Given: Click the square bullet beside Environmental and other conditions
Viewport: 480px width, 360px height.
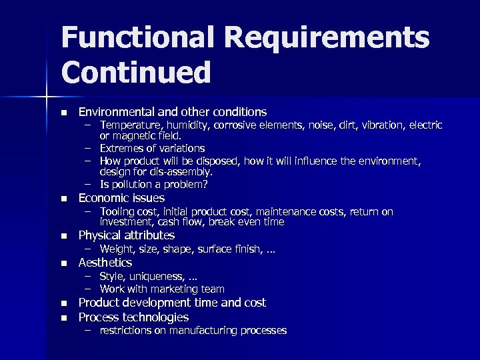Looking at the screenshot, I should (63, 112).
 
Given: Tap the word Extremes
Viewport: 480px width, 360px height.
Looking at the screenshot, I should (122, 148).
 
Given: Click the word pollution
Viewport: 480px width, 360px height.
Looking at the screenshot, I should (133, 184).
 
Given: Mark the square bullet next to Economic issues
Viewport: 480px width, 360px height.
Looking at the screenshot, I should (63, 199).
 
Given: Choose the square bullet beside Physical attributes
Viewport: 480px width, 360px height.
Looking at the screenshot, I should (63, 235).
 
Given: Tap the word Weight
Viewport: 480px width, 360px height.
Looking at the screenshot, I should (117, 249).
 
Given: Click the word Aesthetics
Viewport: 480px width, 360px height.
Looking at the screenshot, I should (105, 263).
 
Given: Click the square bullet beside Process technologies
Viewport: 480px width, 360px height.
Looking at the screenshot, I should (63, 318).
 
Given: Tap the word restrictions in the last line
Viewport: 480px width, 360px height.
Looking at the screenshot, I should (129, 330).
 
